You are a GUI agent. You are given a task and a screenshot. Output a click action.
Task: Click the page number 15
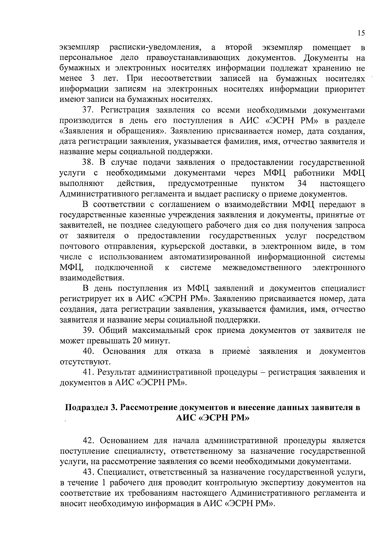point(361,33)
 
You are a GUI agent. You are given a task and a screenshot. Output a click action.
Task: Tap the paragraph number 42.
point(88,441)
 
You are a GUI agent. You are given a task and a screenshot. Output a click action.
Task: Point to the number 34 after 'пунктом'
point(302,184)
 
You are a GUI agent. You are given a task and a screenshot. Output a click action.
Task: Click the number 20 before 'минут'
point(136,341)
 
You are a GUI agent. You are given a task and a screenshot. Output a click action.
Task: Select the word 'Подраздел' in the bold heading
point(85,407)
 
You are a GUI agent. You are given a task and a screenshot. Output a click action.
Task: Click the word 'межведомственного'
point(262,268)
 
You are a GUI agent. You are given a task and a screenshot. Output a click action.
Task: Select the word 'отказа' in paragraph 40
point(188,351)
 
